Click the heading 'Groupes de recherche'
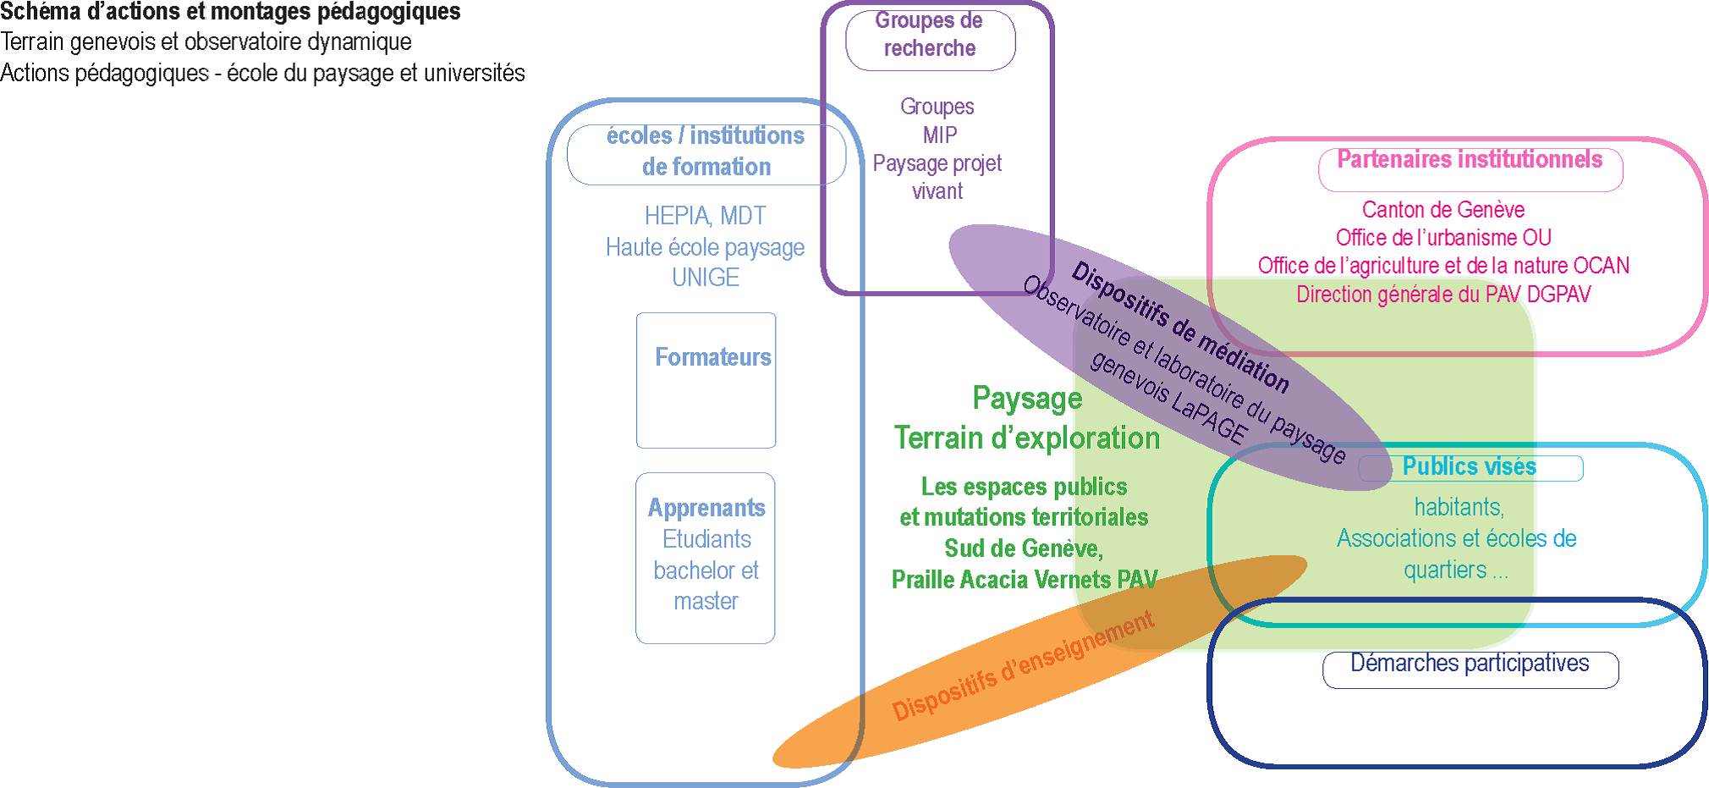(929, 35)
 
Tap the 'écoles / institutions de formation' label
(706, 152)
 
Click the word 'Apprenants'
(706, 508)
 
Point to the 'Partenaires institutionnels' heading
(1470, 160)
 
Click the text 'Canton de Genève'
(1443, 210)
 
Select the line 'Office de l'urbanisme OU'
(1443, 238)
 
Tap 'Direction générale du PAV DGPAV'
(1443, 295)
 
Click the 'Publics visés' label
(1469, 466)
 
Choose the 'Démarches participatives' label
(1470, 664)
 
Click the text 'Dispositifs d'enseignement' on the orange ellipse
(1023, 666)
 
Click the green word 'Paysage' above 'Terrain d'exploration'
(1027, 399)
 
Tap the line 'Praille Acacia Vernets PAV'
(1025, 580)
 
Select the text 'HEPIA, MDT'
(705, 216)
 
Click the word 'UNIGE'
(705, 278)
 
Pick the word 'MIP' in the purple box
(940, 135)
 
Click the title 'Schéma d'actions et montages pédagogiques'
(230, 12)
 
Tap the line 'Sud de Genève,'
(1024, 548)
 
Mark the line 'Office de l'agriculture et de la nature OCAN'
(1443, 266)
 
